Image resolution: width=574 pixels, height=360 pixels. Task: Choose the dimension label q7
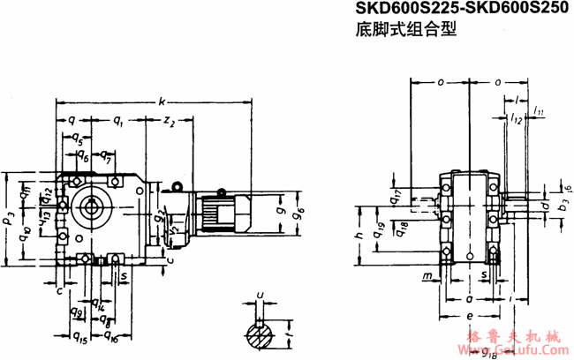pos(105,160)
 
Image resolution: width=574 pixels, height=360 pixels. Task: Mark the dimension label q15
pos(79,336)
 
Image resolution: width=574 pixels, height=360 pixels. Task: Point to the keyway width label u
pos(259,297)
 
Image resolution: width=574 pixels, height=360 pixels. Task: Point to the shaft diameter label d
pos(545,206)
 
